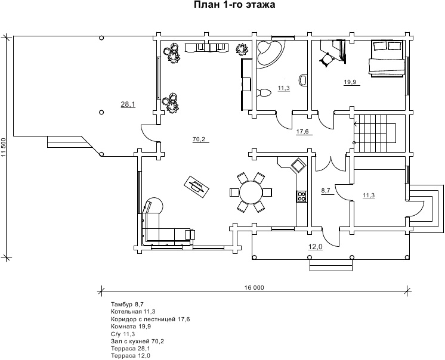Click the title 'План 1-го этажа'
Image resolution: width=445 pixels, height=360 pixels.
point(234,5)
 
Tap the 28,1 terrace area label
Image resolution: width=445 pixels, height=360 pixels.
point(128,104)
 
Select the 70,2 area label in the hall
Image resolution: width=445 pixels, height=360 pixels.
point(199,139)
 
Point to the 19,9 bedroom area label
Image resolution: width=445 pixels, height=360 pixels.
point(350,82)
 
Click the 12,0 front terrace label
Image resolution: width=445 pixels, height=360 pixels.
point(314,246)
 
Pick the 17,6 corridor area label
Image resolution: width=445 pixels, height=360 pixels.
point(302,132)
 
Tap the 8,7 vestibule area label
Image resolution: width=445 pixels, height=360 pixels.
point(326,191)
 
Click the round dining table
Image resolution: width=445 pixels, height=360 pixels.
point(250,192)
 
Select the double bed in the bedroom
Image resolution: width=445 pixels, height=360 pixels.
point(388,58)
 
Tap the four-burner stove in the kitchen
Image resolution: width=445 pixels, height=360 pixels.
point(301,195)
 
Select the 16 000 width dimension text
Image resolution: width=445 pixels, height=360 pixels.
point(254,288)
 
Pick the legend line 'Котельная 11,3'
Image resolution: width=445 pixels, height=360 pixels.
point(133,312)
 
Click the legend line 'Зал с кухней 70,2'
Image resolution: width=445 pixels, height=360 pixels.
point(137,341)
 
